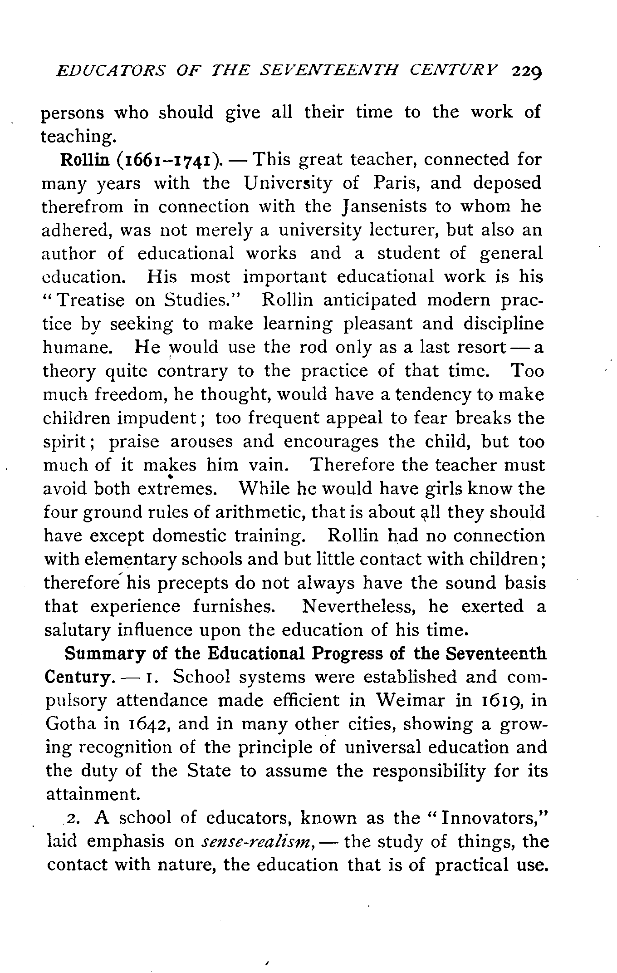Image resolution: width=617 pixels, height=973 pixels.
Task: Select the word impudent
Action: [157, 418]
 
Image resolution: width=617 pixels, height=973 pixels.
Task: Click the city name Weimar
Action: [411, 701]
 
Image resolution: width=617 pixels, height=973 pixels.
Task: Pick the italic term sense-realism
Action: [257, 842]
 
